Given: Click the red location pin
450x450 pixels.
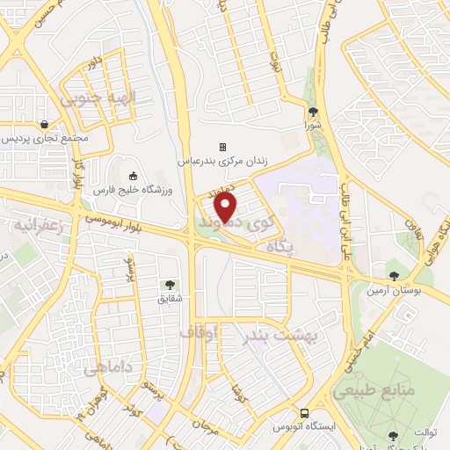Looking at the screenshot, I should [227, 207].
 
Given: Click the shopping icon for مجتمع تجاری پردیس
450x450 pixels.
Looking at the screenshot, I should [44, 124].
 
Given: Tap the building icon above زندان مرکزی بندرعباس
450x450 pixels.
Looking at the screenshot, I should [222, 146].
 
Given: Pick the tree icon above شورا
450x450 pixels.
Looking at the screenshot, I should [314, 111].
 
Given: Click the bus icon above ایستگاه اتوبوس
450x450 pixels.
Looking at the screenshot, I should [304, 412].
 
